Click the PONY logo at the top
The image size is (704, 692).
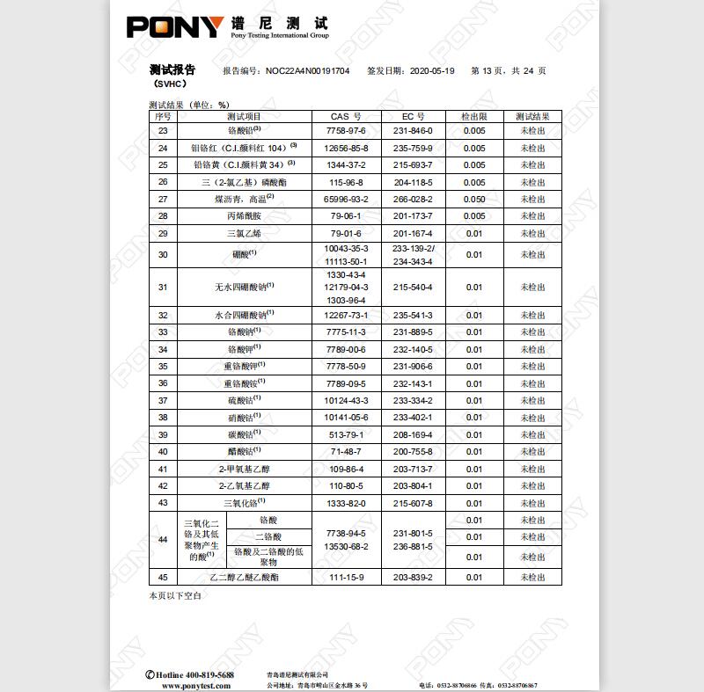click(x=175, y=26)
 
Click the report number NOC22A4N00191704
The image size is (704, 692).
click(x=307, y=70)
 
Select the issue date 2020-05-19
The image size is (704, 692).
click(x=432, y=70)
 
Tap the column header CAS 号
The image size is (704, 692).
click(x=346, y=116)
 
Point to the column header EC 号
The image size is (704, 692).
click(x=413, y=116)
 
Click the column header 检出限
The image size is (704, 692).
click(x=474, y=116)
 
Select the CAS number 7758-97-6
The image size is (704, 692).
click(x=346, y=130)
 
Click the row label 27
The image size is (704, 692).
click(x=162, y=199)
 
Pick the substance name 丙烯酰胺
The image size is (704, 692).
click(x=244, y=215)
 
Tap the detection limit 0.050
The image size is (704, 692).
click(x=474, y=199)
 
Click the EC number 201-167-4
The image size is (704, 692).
click(x=413, y=233)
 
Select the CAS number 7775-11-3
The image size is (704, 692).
click(x=346, y=331)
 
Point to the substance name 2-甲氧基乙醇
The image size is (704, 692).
click(x=244, y=469)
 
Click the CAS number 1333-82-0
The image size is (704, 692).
click(x=346, y=503)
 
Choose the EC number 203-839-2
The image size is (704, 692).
click(x=413, y=577)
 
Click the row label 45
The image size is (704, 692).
click(x=162, y=577)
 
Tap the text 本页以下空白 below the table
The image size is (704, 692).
click(x=175, y=596)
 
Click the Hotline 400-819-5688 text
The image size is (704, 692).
click(x=190, y=674)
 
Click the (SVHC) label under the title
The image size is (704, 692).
click(x=169, y=84)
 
